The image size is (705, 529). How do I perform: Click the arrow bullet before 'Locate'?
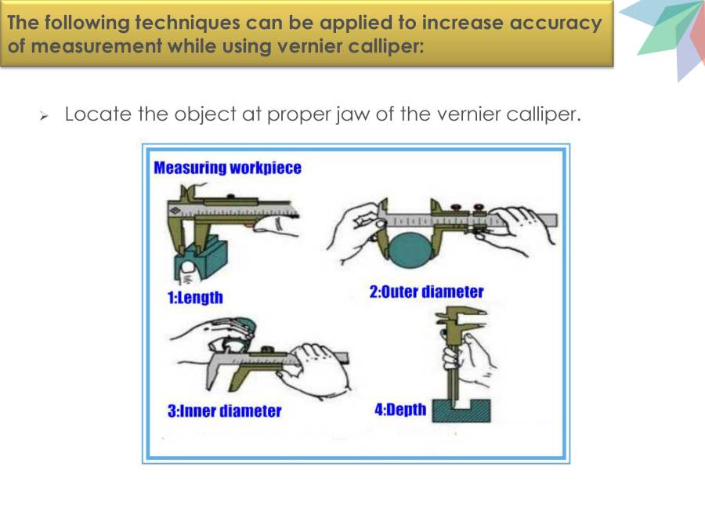45,116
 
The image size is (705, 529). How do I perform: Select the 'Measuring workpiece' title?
227,168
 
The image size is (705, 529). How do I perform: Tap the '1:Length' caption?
195,297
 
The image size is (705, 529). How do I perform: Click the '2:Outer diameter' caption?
426,292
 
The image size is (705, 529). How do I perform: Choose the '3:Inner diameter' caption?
224,411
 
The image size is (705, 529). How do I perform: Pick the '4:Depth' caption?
400,410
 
